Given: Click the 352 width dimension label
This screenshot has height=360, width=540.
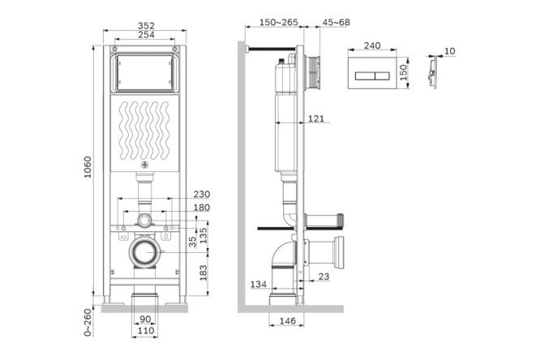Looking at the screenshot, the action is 147,26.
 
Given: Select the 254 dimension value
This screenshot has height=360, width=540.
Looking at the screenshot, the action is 147,35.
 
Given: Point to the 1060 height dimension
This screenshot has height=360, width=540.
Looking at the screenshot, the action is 88,167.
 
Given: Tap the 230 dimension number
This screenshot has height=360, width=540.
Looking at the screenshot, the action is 201,195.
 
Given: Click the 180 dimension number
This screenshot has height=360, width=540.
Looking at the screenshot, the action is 201,208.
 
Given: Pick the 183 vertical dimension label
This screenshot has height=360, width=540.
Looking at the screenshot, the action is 204,273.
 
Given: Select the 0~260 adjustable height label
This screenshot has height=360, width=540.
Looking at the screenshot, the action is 88,323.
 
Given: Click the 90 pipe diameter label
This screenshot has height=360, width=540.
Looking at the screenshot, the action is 145,319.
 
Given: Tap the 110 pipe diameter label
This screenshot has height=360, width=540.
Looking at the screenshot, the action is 146,331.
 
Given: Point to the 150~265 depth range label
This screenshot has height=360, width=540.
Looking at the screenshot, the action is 279,23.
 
